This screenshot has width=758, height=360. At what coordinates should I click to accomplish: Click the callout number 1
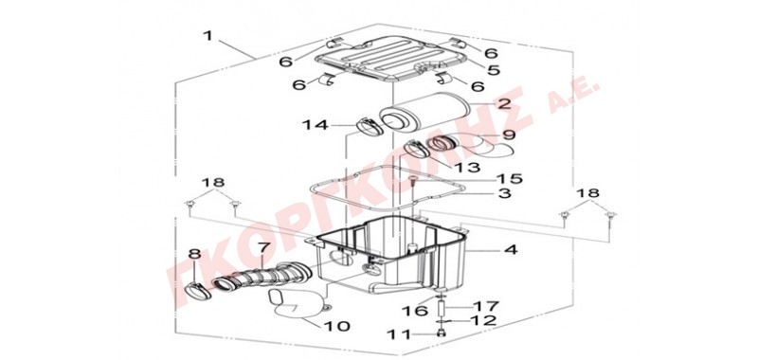click(208, 36)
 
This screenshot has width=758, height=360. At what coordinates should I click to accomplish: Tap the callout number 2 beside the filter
click(503, 103)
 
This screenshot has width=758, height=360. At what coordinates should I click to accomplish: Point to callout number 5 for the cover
click(493, 70)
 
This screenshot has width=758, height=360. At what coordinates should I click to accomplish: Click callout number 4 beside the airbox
click(511, 250)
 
